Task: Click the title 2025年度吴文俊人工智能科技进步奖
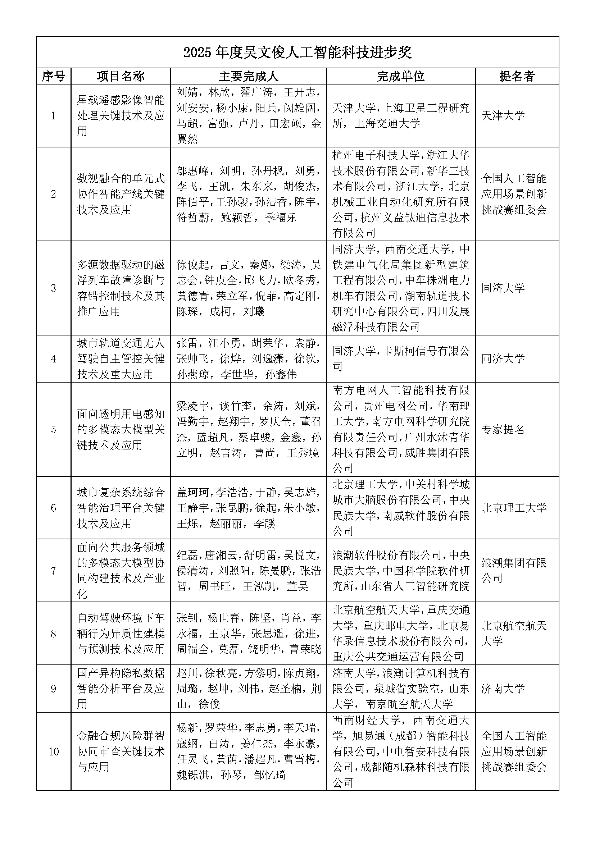tap(297, 53)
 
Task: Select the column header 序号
tap(54, 76)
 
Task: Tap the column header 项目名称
tap(121, 76)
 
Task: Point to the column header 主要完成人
tap(249, 76)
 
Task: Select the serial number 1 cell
tap(54, 116)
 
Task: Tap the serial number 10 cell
tap(54, 752)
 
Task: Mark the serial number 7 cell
tap(54, 571)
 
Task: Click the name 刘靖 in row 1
tap(187, 92)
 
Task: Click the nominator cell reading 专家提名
tap(503, 429)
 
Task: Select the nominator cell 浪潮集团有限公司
tap(514, 571)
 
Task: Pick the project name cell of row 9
tap(121, 689)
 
